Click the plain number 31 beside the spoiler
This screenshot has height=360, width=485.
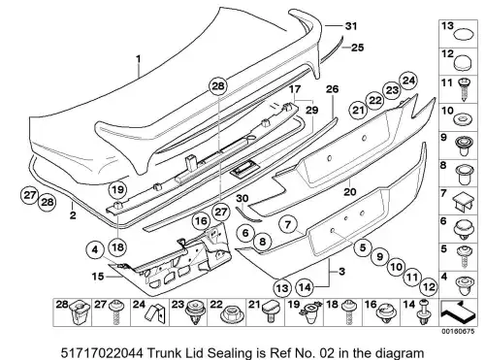(x=350, y=26)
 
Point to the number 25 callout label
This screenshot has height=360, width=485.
(x=357, y=48)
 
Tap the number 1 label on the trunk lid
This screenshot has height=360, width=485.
(x=139, y=59)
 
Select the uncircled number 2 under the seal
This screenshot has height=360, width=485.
(x=73, y=214)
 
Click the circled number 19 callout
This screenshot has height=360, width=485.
(x=117, y=189)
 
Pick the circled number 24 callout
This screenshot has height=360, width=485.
(x=408, y=81)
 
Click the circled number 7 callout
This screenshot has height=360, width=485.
(x=288, y=224)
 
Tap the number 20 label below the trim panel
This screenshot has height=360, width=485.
(x=350, y=192)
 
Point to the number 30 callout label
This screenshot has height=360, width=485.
(x=242, y=198)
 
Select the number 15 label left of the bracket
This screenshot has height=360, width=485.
(x=98, y=277)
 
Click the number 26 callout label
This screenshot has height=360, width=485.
(x=332, y=89)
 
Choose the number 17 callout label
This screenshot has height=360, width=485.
(x=295, y=88)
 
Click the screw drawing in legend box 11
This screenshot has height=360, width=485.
(x=464, y=89)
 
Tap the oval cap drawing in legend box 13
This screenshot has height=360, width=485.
(x=464, y=34)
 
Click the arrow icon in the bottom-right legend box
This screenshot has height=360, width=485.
(x=458, y=311)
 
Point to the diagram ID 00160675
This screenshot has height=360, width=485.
(x=459, y=331)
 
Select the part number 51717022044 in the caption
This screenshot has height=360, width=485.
(x=102, y=352)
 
